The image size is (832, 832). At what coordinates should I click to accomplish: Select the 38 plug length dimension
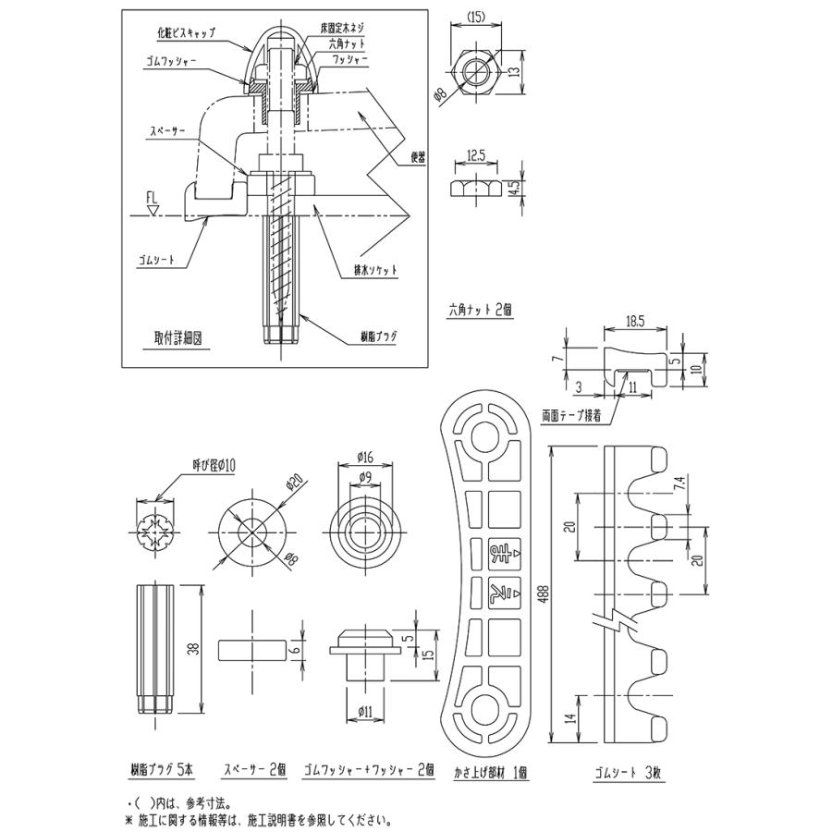(x=192, y=650)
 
